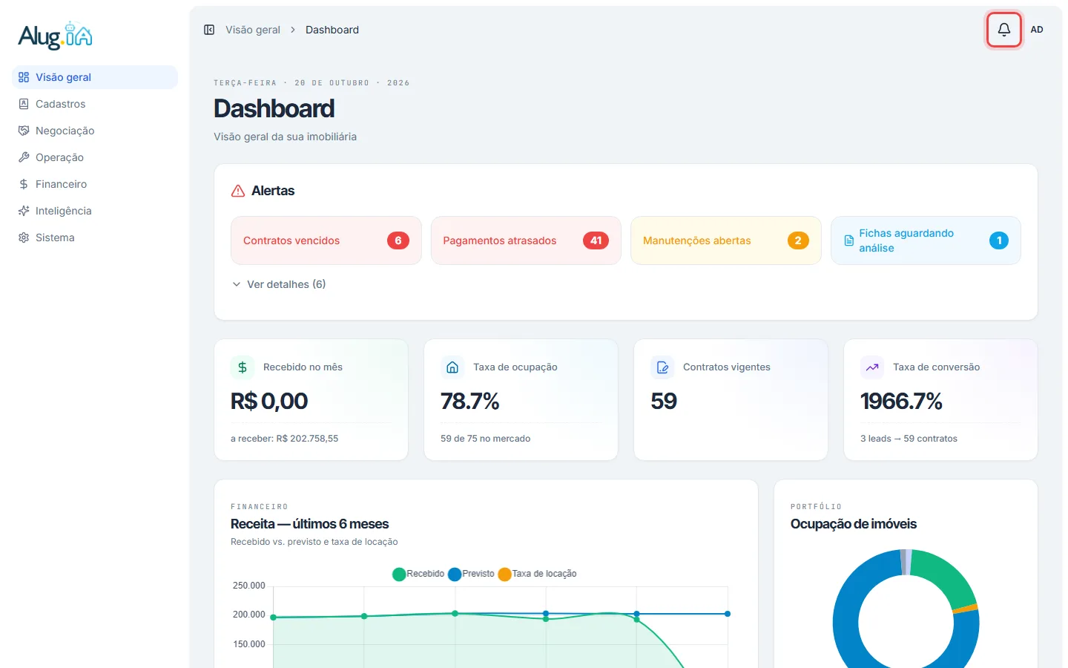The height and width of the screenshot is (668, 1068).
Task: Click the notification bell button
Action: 1003,30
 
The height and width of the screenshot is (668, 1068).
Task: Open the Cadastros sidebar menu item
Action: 60,104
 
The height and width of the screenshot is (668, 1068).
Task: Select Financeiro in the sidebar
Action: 61,184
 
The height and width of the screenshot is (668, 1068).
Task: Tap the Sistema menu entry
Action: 55,238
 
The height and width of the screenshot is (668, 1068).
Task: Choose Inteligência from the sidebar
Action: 64,211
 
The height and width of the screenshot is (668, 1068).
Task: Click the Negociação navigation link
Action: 65,131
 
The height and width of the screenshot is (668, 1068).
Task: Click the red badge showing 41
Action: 596,240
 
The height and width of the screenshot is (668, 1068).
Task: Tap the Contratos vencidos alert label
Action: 291,240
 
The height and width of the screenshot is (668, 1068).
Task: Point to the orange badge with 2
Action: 798,240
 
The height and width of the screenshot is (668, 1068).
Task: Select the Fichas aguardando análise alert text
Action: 906,240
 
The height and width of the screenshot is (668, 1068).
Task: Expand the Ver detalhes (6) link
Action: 286,284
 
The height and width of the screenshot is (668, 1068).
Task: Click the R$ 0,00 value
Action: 269,401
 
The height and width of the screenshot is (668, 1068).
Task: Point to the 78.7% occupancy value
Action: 469,401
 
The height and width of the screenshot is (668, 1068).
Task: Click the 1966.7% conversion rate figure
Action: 901,401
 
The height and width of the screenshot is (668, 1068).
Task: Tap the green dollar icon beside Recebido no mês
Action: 243,367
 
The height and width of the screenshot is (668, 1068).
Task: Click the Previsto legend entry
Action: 471,574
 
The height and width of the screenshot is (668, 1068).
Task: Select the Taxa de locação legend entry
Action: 537,574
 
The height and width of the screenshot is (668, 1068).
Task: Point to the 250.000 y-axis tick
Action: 248,586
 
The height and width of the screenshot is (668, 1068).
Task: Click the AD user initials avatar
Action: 1037,30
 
